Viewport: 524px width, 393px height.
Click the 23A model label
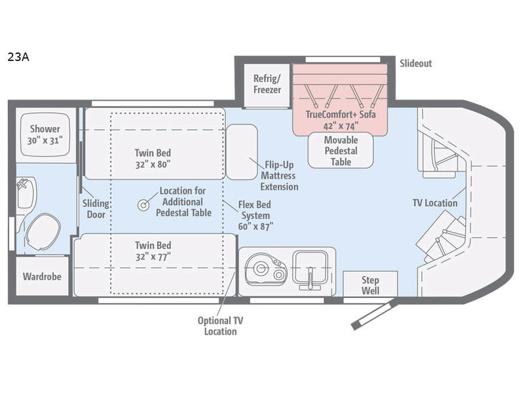(18, 57)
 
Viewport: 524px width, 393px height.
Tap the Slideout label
(416, 63)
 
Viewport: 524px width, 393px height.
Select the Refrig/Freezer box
(267, 86)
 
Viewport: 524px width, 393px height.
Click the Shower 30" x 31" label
(45, 134)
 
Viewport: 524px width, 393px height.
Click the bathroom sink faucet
(23, 183)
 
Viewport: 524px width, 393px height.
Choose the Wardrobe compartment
(42, 276)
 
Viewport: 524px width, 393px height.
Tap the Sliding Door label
(96, 209)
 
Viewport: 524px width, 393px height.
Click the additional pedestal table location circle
(143, 205)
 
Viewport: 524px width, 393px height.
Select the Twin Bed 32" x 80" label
(153, 159)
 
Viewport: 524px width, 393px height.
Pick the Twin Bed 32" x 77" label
(153, 251)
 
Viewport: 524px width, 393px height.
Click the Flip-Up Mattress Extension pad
(242, 152)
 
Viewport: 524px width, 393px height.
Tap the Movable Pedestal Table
(341, 151)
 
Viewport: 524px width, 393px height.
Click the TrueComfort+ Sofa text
(341, 114)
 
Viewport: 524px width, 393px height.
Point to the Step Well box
(370, 284)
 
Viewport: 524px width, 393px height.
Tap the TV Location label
(435, 203)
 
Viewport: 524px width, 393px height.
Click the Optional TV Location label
(220, 326)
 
